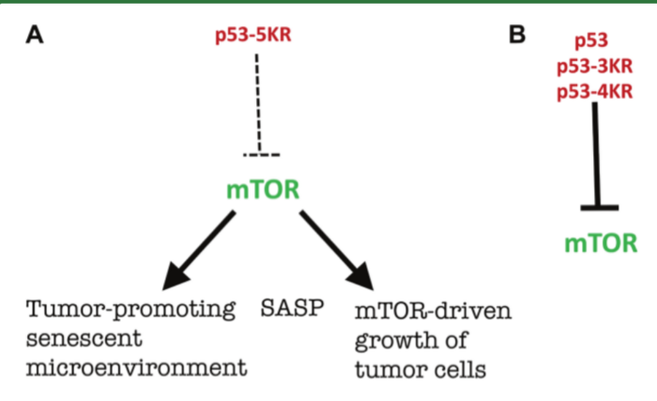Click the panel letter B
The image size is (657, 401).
pyautogui.click(x=517, y=36)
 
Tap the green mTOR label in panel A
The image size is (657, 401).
pyautogui.click(x=263, y=191)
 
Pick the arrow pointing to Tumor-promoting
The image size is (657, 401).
pyautogui.click(x=200, y=249)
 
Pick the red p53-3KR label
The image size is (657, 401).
pyautogui.click(x=592, y=66)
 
